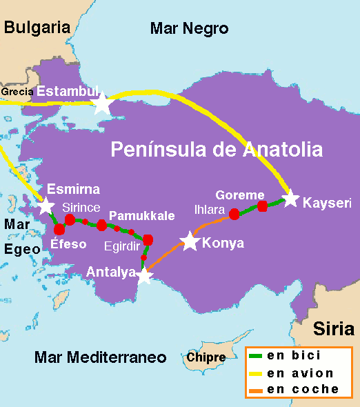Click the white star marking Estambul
pyautogui.click(x=102, y=103)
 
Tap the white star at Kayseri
pyautogui.click(x=291, y=199)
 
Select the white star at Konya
pyautogui.click(x=190, y=241)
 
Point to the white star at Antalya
pyautogui.click(x=143, y=276)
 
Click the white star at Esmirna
pyautogui.click(x=46, y=206)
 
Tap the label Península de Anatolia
pyautogui.click(x=217, y=149)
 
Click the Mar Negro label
pyautogui.click(x=189, y=28)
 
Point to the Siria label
pyautogui.click(x=334, y=328)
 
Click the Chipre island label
pyautogui.click(x=206, y=357)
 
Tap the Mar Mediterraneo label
pyautogui.click(x=101, y=357)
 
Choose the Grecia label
pyautogui.click(x=17, y=91)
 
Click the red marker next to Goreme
pyautogui.click(x=262, y=206)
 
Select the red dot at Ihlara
pyautogui.click(x=234, y=214)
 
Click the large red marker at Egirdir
pyautogui.click(x=147, y=239)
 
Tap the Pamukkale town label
pyautogui.click(x=141, y=215)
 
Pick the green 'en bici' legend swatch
pyautogui.click(x=255, y=356)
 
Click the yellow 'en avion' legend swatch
pyautogui.click(x=255, y=373)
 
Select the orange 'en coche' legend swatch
pyautogui.click(x=255, y=389)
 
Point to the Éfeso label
pyautogui.click(x=68, y=244)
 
